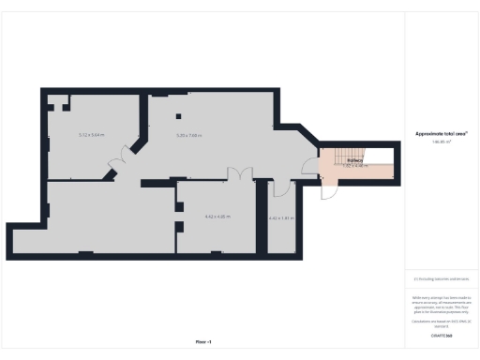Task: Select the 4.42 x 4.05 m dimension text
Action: pyautogui.click(x=217, y=217)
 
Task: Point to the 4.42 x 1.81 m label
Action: pyautogui.click(x=281, y=218)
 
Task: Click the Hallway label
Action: pyautogui.click(x=354, y=160)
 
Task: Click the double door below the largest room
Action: pyautogui.click(x=241, y=174)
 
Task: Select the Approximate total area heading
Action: pyautogui.click(x=442, y=134)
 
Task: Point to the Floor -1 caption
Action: pyautogui.click(x=203, y=341)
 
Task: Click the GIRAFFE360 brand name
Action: pyautogui.click(x=442, y=335)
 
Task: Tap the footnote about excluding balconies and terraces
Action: pyautogui.click(x=442, y=278)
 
